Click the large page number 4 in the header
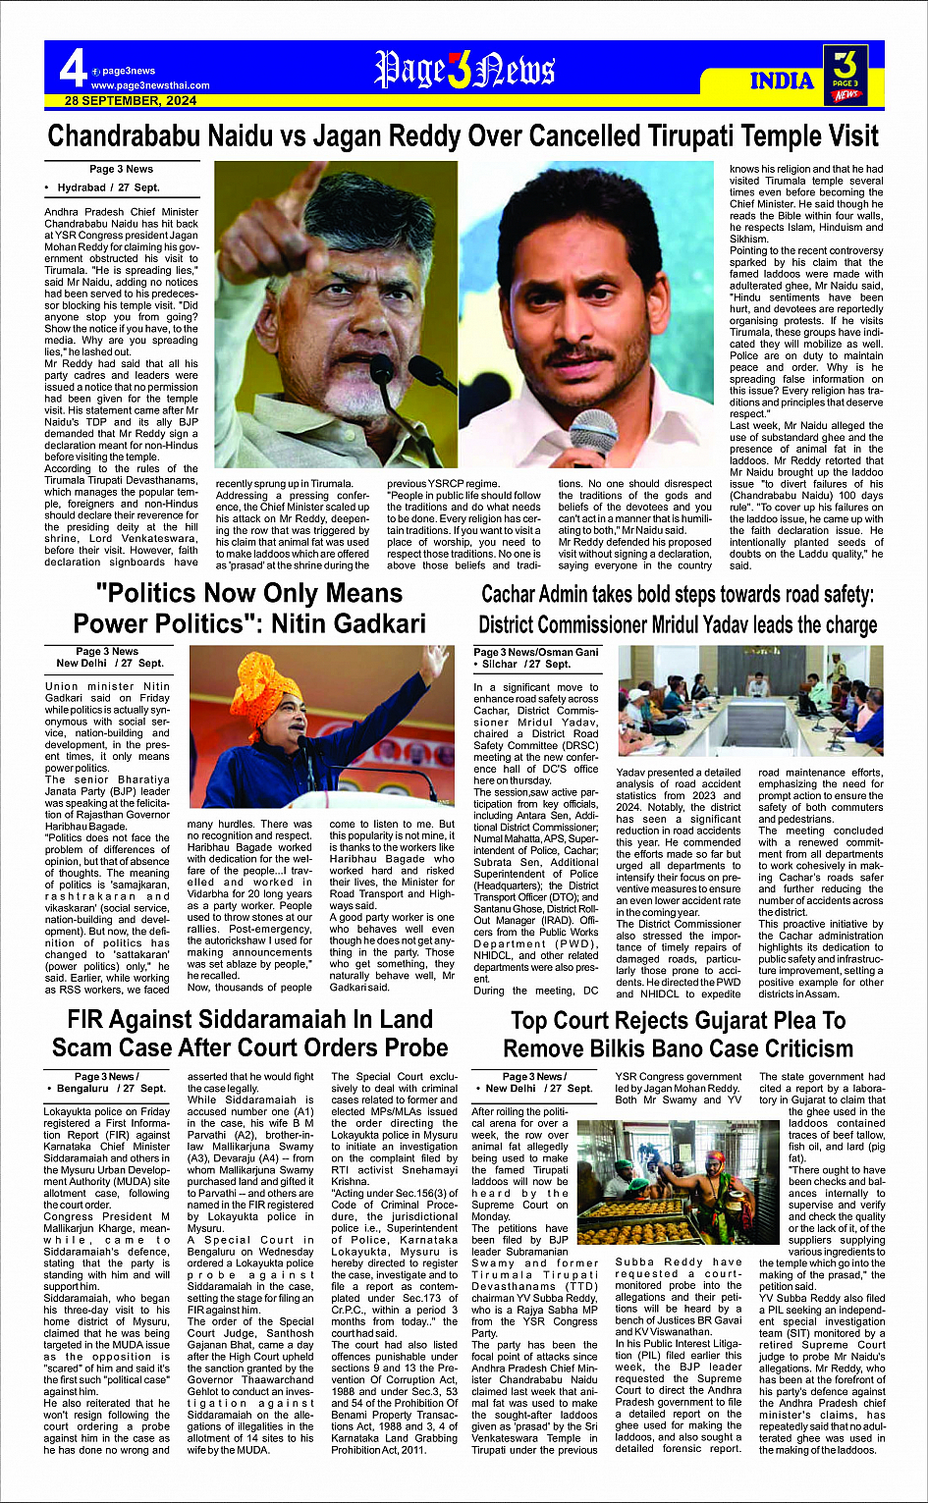coord(72,69)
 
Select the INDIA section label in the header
coord(783,81)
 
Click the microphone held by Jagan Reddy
coord(594,433)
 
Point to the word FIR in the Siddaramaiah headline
coord(90,1020)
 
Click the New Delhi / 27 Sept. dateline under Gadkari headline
coord(108,664)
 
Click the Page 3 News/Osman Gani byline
coord(535,652)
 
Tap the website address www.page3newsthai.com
coord(150,85)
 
